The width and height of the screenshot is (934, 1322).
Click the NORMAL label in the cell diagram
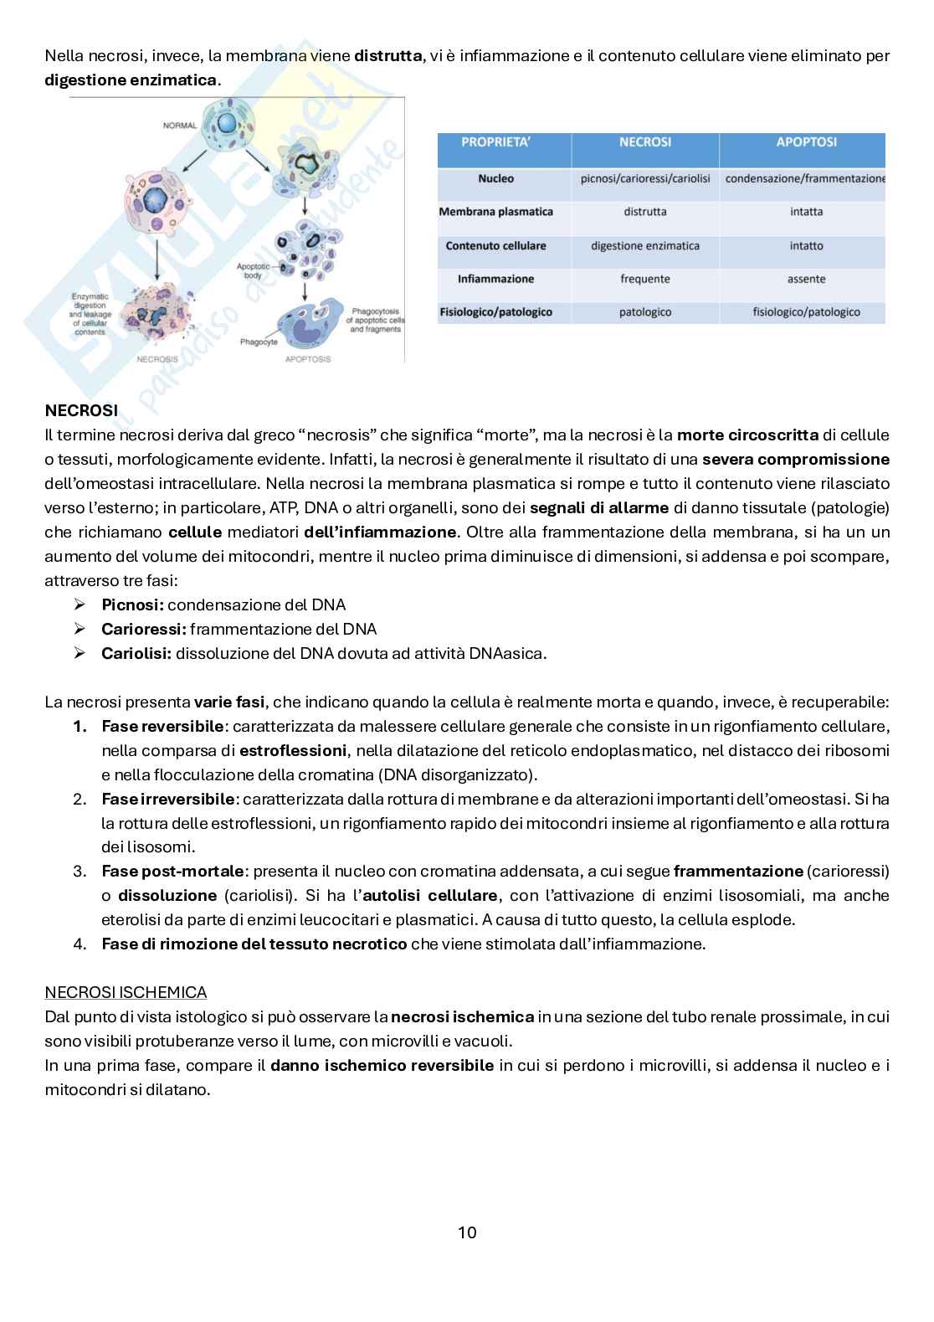point(179,126)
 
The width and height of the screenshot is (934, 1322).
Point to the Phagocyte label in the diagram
point(259,342)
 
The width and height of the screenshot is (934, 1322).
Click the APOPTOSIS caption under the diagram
point(308,359)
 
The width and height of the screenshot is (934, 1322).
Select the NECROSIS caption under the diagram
point(157,359)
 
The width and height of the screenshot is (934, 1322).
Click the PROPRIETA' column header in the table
point(495,142)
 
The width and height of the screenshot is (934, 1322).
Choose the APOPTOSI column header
point(806,142)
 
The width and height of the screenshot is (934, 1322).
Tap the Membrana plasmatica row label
point(495,212)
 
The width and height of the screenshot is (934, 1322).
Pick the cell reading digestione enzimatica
point(644,245)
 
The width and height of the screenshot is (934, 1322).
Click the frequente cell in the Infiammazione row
point(644,279)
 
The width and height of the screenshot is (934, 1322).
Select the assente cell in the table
point(806,279)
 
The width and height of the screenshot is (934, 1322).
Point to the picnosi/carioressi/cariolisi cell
point(644,178)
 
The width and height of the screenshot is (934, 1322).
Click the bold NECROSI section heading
point(81,410)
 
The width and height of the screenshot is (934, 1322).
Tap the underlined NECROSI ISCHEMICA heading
point(126,992)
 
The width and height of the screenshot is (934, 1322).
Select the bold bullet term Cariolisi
point(136,653)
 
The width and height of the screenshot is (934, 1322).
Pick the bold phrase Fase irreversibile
point(167,799)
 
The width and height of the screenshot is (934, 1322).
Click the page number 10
point(467,1232)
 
